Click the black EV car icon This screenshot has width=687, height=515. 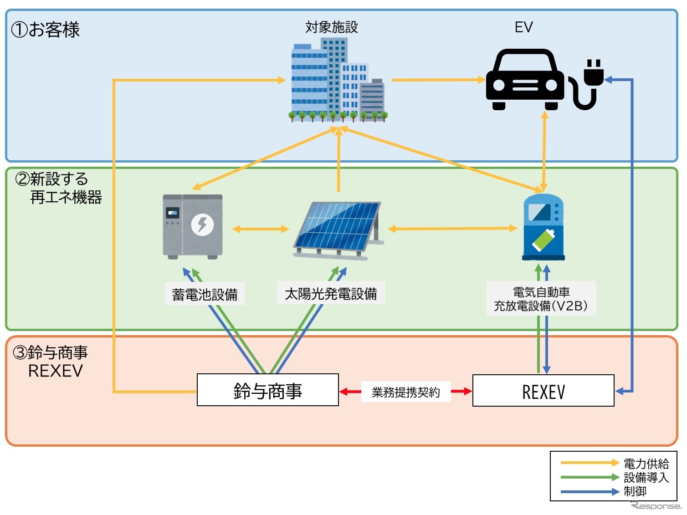coord(525,80)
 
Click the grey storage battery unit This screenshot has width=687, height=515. coord(193,226)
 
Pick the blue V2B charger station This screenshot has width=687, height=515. coord(543,227)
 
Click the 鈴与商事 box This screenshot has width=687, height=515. coord(267,390)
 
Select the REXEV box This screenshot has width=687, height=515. coord(543,391)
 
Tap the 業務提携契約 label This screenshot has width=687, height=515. coord(405,392)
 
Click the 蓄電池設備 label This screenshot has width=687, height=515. coord(205,295)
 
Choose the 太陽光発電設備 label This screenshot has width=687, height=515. coord(331,294)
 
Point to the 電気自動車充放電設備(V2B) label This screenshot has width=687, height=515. coord(541,299)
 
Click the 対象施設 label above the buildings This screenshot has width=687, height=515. coord(331,27)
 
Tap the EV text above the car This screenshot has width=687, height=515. coord(523,27)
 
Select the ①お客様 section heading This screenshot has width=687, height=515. coord(46,30)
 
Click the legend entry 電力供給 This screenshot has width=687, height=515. coord(646,464)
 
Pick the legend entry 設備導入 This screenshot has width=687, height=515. coord(646,477)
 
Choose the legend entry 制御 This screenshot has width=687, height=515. coord(635,491)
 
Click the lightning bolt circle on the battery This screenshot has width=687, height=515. coord(202,224)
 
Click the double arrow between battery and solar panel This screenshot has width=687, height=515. coord(261,229)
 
